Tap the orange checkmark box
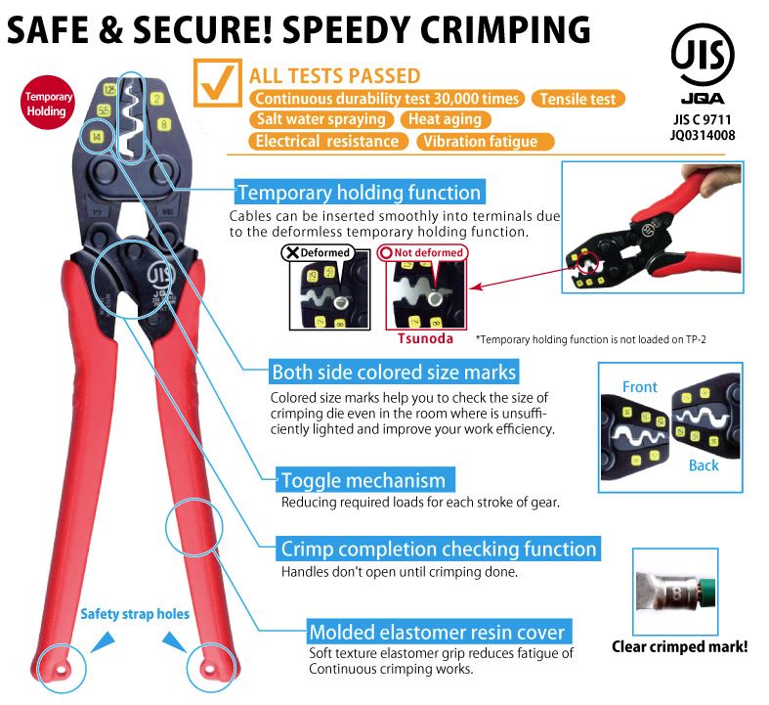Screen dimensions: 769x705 pos(217,83)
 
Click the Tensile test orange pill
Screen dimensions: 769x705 pos(578,99)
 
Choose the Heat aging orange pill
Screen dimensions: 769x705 pos(446,119)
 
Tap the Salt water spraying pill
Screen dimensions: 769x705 pos(321,119)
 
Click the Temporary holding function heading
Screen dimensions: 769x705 pos(359,193)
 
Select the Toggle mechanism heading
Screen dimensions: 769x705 pos(363,480)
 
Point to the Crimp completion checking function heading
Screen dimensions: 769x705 pos(438,549)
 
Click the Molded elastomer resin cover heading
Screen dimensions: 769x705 pos(437,632)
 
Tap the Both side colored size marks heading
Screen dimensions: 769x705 pos(394,373)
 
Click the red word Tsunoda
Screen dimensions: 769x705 pos(425,339)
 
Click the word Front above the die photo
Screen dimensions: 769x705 pos(639,387)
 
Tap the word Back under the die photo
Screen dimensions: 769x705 pos(703,465)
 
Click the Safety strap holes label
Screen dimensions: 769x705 pos(135,614)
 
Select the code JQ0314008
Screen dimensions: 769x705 pos(703,136)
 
